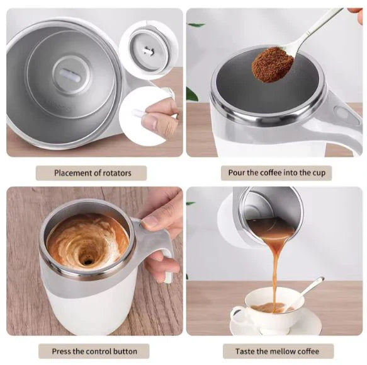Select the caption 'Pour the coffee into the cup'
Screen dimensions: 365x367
[x=276, y=173]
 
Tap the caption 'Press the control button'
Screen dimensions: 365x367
[x=93, y=351]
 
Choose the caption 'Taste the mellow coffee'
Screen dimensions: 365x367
[x=276, y=351]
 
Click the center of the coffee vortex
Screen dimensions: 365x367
[x=88, y=258]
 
